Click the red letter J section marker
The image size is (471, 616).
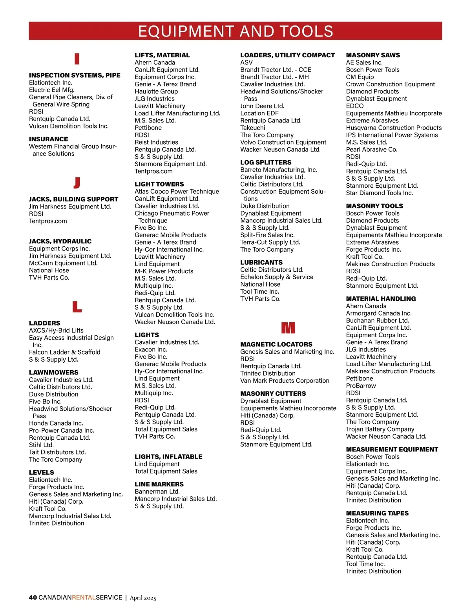coord(77,183)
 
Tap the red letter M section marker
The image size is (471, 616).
coord(288,328)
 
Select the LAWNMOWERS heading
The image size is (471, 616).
coord(54,372)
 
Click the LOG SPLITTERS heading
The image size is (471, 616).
coord(266,162)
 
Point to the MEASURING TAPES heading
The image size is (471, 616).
coord(377,513)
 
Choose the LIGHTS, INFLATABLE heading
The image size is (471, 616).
coord(168,457)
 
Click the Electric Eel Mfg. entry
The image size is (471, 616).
coord(51,90)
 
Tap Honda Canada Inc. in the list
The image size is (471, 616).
coord(56,423)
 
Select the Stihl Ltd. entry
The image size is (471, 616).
coord(41,445)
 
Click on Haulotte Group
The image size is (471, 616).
coord(156,91)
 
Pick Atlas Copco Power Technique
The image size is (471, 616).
coord(177,192)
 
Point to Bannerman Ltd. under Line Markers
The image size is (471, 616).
coord(157,492)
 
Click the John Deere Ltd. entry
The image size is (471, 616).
coord(262,106)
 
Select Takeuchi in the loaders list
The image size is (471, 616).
coord(253,128)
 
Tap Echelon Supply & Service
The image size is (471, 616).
coord(277,277)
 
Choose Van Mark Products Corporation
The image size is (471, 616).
coord(285,381)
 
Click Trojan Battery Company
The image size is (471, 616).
coord(380,429)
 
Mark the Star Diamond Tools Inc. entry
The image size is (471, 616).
coord(379,193)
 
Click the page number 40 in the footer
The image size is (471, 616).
coord(33,598)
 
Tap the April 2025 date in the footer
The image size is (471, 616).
coord(143,598)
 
